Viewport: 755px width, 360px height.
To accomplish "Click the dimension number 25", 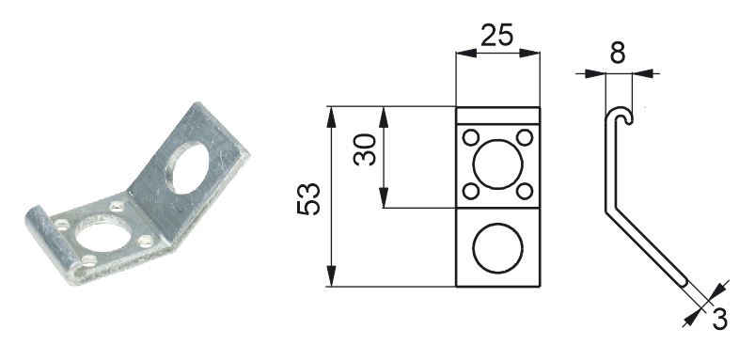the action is coord(497,36).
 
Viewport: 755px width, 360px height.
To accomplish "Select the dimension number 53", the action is coord(308,198).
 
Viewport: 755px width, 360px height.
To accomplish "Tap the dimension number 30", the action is coord(365,149).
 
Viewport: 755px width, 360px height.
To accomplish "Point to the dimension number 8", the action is coord(618,53).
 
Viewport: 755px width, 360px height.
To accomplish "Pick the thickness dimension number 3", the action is coord(719,321).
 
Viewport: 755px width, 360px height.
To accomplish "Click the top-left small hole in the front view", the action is coord(470,137).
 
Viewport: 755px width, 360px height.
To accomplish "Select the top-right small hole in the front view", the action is coord(525,137).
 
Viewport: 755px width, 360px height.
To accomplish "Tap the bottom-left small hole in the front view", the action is coord(470,191).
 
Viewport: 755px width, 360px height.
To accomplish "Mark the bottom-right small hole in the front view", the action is coord(525,191).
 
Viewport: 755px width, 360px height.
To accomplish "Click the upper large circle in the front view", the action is coord(497,140).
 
